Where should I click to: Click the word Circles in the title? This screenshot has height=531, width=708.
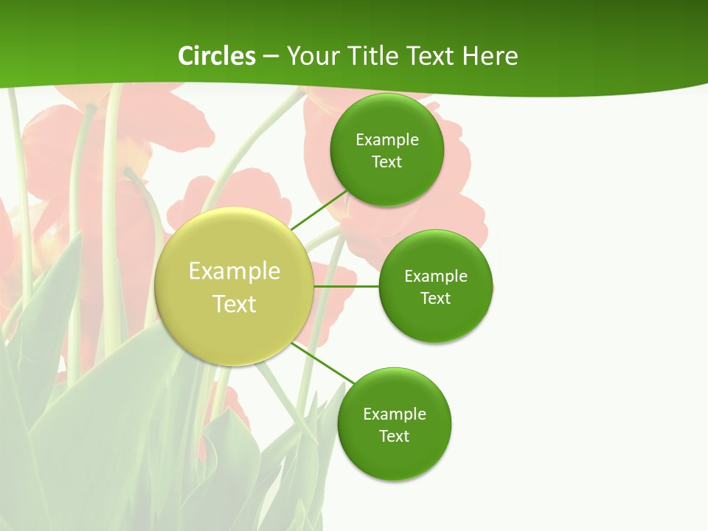coord(216,56)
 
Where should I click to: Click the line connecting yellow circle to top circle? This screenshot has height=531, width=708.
coord(319,210)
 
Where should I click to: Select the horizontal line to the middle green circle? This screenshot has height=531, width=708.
coord(347,286)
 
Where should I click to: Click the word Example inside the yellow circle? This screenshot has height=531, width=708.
coord(235,271)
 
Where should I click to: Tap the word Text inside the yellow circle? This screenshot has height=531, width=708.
coord(235,304)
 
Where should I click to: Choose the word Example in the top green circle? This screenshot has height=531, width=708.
coord(386,140)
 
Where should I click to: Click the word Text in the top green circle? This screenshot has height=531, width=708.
coord(386,162)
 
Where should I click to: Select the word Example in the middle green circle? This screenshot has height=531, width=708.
coord(436,277)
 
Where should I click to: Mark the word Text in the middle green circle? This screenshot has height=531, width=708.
coord(436,299)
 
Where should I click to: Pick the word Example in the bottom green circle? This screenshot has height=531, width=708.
coord(394,414)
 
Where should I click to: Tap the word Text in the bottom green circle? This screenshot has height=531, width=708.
coord(394,437)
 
